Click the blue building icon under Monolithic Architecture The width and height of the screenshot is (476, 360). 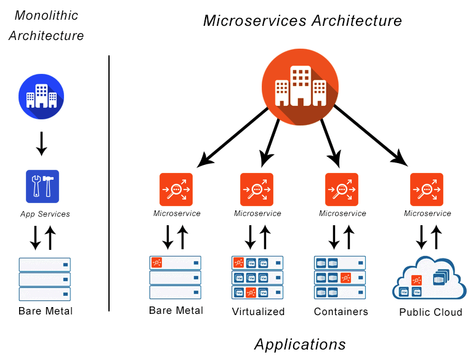click(x=41, y=96)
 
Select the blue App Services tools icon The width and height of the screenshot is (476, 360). click(x=42, y=186)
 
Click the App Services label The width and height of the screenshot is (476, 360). click(x=45, y=214)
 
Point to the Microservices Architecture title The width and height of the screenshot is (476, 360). click(x=302, y=21)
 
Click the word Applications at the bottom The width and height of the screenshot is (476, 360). click(x=300, y=344)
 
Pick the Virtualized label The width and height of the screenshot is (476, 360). click(x=258, y=311)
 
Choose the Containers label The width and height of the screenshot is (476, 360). click(x=341, y=311)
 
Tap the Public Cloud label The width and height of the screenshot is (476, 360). click(x=430, y=312)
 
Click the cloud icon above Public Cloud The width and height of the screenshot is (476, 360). click(x=429, y=279)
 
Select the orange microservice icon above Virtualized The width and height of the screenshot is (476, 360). click(x=257, y=190)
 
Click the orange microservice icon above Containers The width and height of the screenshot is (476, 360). click(x=342, y=190)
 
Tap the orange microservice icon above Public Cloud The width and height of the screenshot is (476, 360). click(x=427, y=190)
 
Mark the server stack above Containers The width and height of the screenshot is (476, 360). click(x=340, y=278)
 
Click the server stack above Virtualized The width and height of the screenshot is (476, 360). click(x=258, y=278)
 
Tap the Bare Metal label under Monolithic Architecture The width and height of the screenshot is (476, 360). click(x=46, y=311)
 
